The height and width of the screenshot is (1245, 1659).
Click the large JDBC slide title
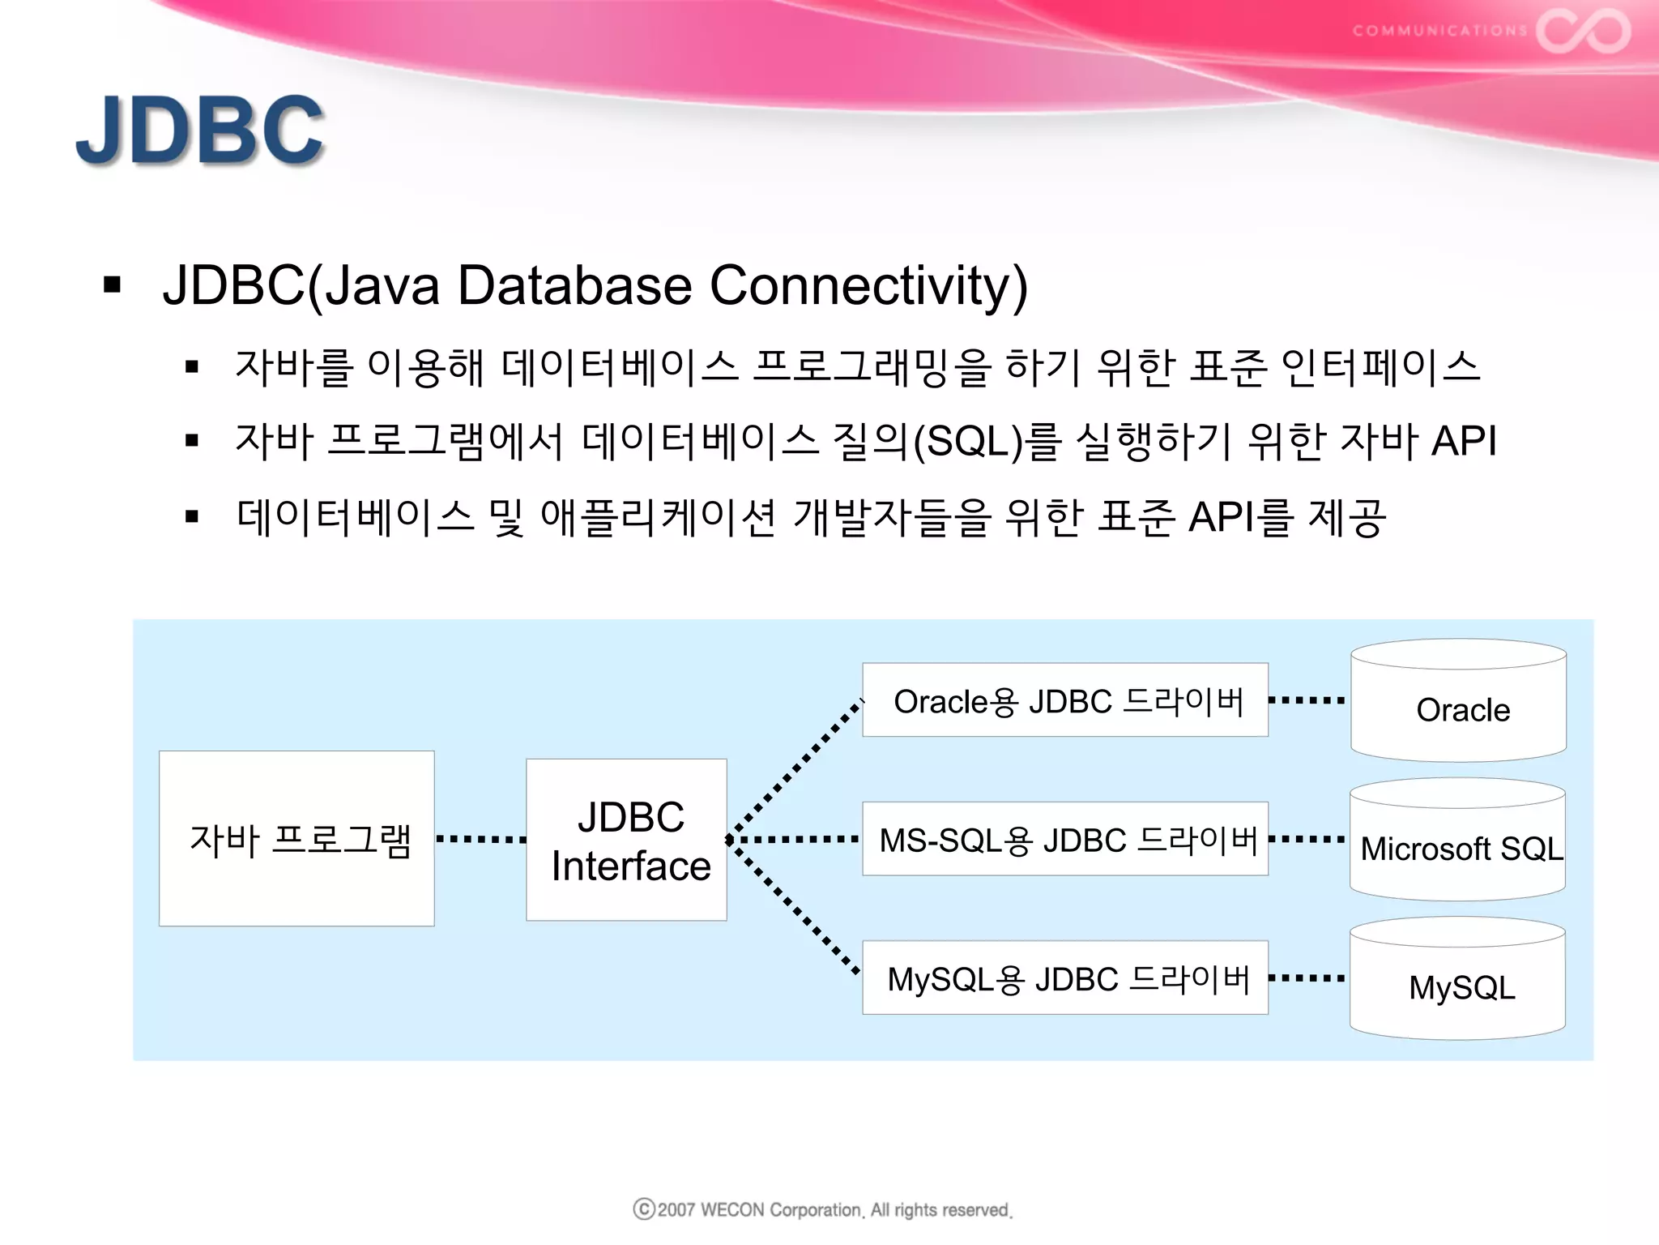pyautogui.click(x=200, y=130)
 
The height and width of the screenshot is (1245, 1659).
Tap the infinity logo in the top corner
pyautogui.click(x=1583, y=31)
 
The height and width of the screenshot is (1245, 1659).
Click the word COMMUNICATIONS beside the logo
pyautogui.click(x=1439, y=31)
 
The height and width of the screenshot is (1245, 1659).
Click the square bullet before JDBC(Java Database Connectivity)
pyautogui.click(x=113, y=285)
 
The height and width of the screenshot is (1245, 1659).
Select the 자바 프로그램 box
pyautogui.click(x=296, y=838)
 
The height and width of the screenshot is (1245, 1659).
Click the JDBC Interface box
pyautogui.click(x=626, y=840)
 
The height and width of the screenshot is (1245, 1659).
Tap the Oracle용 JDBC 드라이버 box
pyautogui.click(x=1064, y=700)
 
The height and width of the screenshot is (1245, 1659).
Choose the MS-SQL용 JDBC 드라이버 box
pyautogui.click(x=1064, y=839)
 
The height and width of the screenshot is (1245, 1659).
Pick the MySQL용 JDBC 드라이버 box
pyautogui.click(x=1064, y=978)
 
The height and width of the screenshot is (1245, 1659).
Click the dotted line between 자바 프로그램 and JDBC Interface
pyautogui.click(x=480, y=839)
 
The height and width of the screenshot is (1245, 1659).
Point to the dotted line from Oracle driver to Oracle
pyautogui.click(x=1307, y=700)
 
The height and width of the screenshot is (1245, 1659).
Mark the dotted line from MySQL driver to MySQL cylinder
pyautogui.click(x=1307, y=978)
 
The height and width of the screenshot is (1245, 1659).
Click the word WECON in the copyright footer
pyautogui.click(x=732, y=1210)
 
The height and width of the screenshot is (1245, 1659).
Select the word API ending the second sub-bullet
pyautogui.click(x=1463, y=442)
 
